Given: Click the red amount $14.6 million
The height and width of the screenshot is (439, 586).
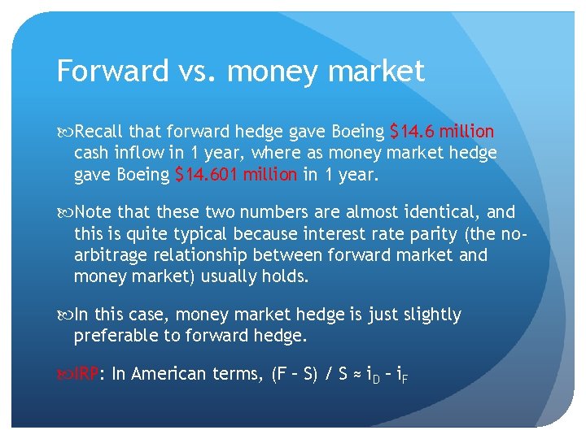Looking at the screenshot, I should coord(442,132).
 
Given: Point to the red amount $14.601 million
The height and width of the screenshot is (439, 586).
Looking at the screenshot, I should coord(236,174).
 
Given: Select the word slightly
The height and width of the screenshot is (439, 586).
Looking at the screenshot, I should coord(426,315).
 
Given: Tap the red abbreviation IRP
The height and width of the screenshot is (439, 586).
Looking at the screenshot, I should coord(87,374).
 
